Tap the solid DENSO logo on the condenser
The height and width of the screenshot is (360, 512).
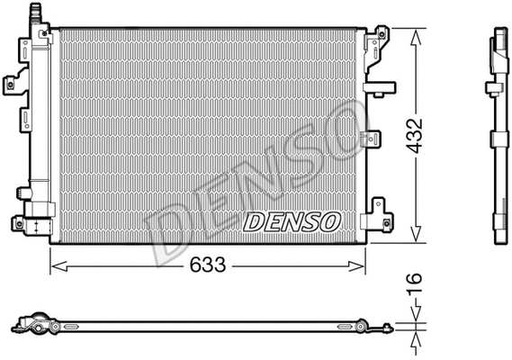point(291,220)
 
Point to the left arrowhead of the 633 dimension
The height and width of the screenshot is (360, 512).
point(54,265)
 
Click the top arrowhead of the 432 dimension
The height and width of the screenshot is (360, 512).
point(417,33)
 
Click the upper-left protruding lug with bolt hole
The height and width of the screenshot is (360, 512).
point(12,85)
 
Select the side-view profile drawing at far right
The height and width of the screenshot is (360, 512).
point(499,135)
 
